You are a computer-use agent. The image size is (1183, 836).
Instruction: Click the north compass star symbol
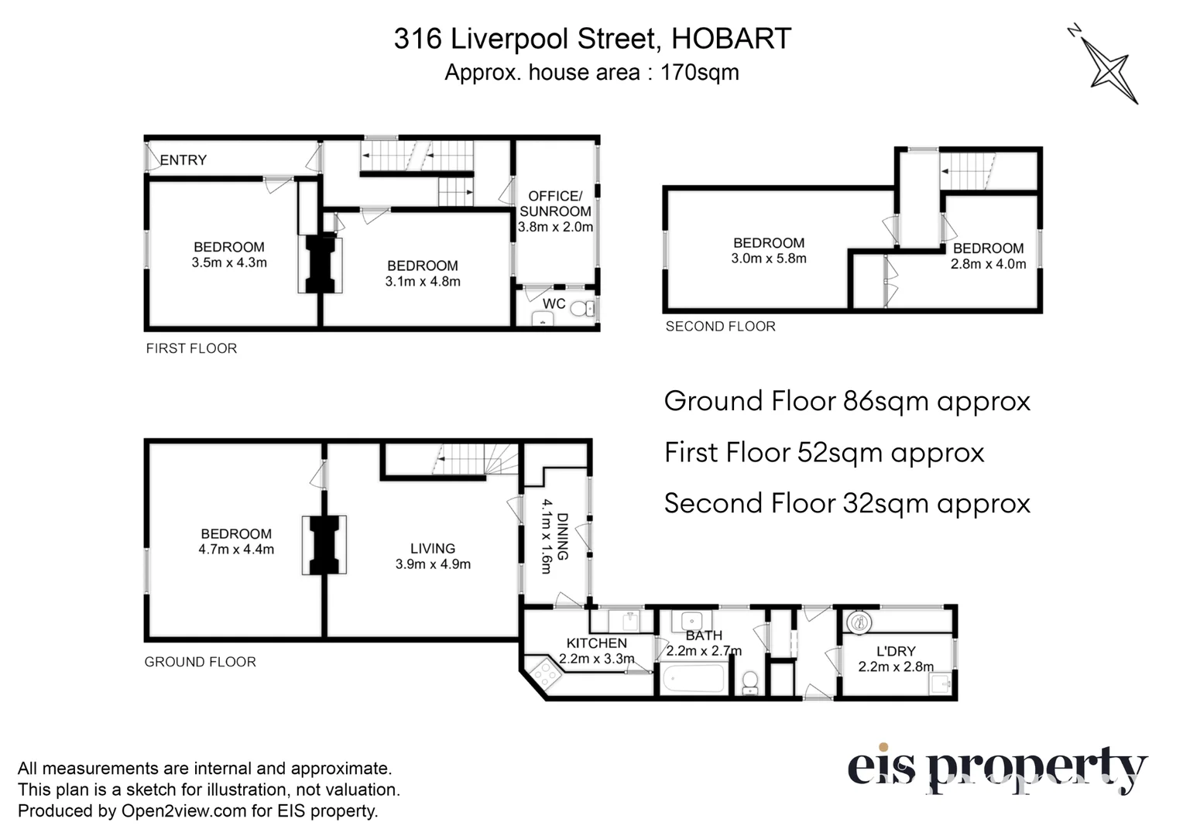point(1109,70)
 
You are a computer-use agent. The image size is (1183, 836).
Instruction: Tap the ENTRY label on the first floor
point(183,160)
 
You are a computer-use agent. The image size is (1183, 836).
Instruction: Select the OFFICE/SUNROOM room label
point(555,204)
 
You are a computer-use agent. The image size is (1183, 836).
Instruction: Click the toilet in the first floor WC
point(579,310)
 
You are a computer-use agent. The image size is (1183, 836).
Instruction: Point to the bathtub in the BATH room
point(694,680)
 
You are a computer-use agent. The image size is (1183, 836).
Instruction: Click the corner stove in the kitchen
point(543,674)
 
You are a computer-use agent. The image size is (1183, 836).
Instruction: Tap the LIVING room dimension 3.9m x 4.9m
point(433,564)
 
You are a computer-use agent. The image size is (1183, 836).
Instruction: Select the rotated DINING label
point(563,536)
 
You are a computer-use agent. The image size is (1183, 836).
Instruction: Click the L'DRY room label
point(896,652)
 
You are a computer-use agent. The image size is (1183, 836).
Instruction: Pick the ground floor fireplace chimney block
point(324,545)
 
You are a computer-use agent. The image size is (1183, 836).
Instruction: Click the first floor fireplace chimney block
point(321,265)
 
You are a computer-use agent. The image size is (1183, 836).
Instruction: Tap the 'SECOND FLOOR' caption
point(720,327)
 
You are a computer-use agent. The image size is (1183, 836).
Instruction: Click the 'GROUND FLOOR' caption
point(200,662)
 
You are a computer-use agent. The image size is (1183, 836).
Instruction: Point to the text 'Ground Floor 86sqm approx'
point(847,401)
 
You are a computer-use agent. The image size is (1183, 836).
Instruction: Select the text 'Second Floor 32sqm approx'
point(847,503)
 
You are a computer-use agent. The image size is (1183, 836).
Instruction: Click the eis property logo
point(996,769)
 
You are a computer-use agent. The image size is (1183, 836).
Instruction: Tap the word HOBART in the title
point(731,39)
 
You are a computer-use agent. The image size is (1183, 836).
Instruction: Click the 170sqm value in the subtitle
point(699,73)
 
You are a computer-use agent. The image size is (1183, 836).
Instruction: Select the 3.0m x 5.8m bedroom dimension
point(769,259)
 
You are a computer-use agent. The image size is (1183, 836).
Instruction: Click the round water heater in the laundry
point(859,621)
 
